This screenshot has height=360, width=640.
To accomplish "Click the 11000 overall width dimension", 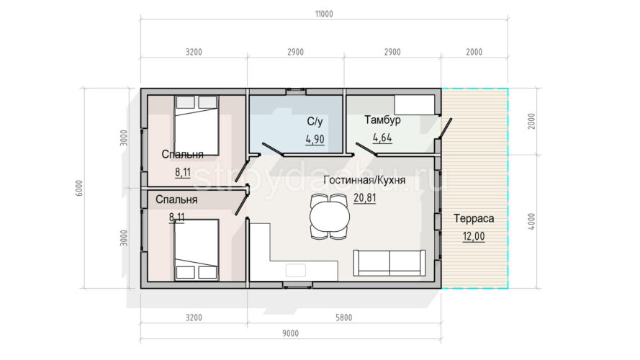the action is [324, 14].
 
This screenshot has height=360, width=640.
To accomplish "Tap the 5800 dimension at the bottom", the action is [343, 318].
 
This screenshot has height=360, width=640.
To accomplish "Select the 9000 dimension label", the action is [290, 333].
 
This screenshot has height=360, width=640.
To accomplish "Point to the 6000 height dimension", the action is [79, 188].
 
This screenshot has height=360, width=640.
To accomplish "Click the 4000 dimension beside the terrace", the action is [531, 221].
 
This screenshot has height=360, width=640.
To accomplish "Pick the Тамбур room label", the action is [382, 120].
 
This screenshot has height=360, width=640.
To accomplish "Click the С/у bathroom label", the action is [315, 122].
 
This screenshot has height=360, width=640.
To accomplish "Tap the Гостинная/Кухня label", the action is [364, 180].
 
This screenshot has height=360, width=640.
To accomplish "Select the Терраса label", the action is [474, 218].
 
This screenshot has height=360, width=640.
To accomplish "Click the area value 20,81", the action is [364, 199].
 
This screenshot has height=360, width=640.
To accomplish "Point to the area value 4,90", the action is [315, 140].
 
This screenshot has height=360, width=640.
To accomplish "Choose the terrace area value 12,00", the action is [474, 236].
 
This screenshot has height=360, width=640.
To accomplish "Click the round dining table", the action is [330, 216].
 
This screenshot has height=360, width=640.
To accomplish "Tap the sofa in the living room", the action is [389, 263].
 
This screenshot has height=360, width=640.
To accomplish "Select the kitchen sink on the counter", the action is [295, 270].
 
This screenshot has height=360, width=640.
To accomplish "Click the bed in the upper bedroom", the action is [197, 125].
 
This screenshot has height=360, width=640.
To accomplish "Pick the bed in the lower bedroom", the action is [197, 250].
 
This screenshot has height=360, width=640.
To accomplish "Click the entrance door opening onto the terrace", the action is [446, 127].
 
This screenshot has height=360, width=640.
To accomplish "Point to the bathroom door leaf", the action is [272, 149].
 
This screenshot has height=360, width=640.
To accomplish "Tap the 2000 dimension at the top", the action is [474, 53].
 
